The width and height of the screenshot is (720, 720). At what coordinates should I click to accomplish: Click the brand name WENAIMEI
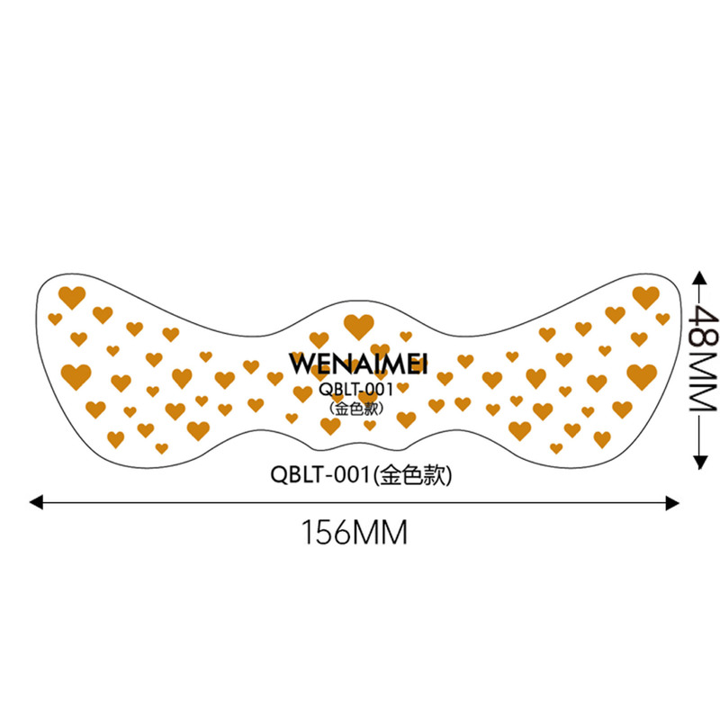point(358,364)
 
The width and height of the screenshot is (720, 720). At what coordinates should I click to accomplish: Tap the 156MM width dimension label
point(354,532)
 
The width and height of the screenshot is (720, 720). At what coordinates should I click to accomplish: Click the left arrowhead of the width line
point(36,502)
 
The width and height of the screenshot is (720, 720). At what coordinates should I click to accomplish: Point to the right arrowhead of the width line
point(672,503)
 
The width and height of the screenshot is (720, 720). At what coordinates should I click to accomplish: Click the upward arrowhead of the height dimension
point(699,278)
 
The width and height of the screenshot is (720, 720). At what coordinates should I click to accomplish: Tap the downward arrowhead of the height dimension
point(699,463)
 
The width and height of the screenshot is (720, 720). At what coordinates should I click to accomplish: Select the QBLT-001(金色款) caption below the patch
point(361,474)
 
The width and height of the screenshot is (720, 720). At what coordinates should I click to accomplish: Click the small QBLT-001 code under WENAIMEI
point(356,390)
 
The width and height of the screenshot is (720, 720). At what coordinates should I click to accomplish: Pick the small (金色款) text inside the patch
point(356,409)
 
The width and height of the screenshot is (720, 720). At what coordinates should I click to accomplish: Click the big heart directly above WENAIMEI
point(358,327)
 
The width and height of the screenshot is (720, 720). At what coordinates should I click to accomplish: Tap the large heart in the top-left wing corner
point(72,297)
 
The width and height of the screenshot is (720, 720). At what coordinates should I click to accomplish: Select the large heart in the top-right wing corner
point(645,297)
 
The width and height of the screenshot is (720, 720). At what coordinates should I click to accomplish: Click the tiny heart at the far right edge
point(662,319)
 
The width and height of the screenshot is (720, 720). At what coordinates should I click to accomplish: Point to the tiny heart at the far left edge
point(55,319)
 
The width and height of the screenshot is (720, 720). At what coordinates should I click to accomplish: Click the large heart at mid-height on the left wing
point(76,376)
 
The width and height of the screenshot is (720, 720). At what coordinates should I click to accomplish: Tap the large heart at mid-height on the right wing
point(642,376)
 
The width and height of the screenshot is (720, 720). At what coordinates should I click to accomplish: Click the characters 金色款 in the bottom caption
point(413,475)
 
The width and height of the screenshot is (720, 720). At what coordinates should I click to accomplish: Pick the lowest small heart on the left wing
point(162,448)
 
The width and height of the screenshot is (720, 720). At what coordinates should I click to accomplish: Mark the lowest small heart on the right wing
point(556,448)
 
